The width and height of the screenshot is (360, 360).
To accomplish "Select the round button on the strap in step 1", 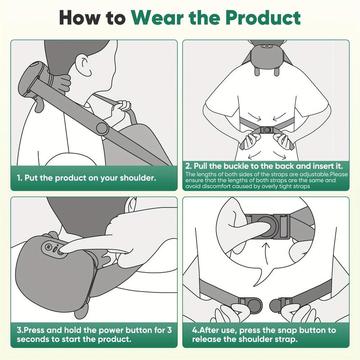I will [102, 129].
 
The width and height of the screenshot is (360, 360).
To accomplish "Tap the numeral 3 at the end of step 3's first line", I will [169, 330].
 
